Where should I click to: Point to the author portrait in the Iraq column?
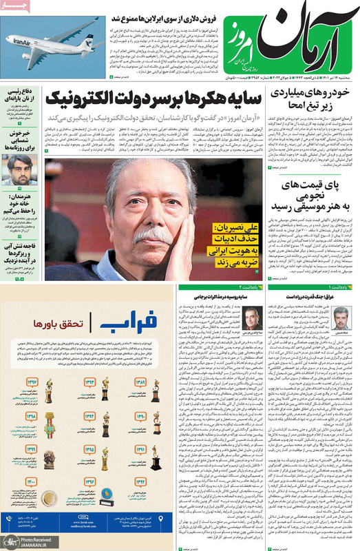point(341,317)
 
